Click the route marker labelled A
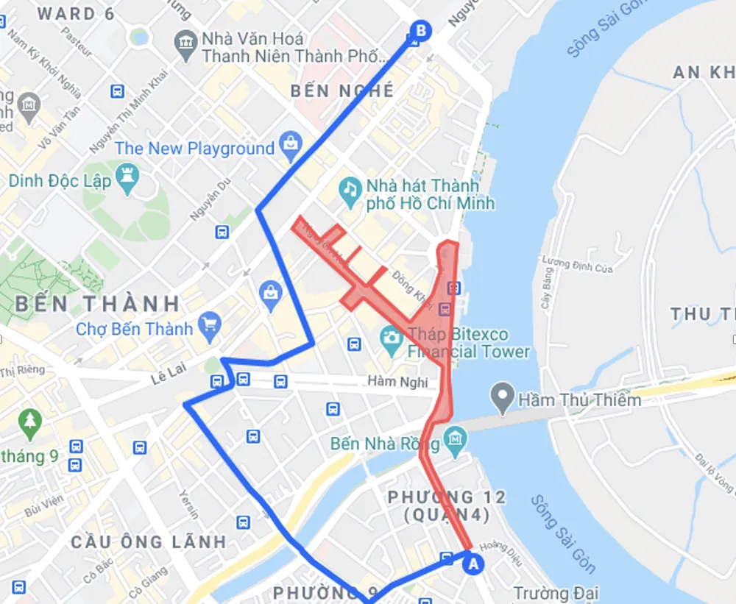[473, 564]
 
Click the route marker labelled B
[421, 31]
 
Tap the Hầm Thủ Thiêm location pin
[503, 399]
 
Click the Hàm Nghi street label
[397, 382]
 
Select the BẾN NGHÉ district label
[342, 91]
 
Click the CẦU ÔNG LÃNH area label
[149, 542]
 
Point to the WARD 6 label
[76, 13]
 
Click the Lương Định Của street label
[577, 265]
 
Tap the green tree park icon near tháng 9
[30, 422]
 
